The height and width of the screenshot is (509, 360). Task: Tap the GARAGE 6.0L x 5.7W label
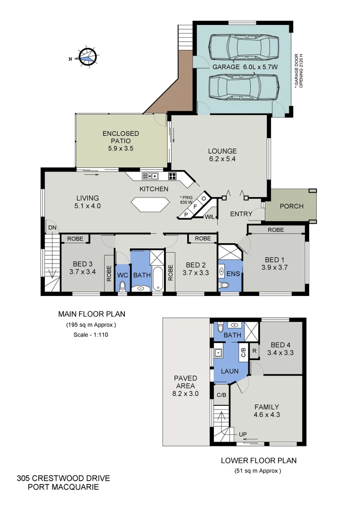(x=245, y=67)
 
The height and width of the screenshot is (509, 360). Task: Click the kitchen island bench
(x=150, y=205)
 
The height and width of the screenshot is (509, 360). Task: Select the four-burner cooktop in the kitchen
(x=173, y=177)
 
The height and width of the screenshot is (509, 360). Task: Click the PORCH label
(x=292, y=206)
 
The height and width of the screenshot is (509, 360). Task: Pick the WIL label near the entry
(x=210, y=217)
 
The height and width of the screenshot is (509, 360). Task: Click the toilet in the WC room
(x=123, y=286)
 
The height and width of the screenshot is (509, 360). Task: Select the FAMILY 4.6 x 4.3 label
(x=267, y=411)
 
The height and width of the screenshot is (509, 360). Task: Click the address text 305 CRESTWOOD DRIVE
(x=63, y=479)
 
